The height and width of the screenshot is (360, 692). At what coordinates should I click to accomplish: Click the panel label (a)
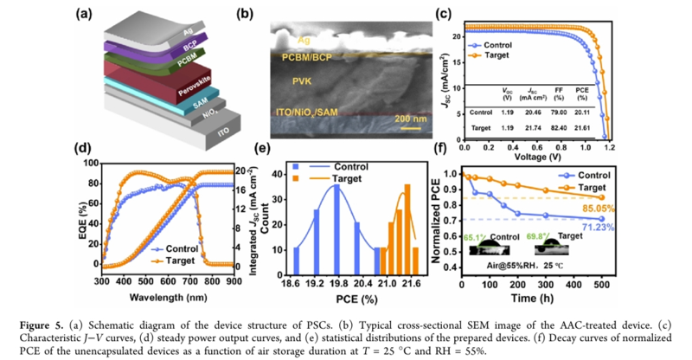[85, 12]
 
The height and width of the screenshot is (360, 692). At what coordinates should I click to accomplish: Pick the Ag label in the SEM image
[298, 38]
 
